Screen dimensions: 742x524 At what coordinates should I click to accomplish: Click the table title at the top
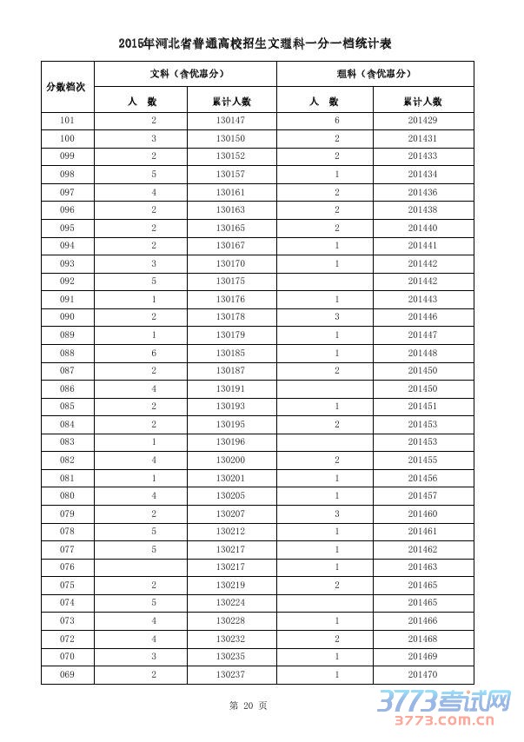(262, 43)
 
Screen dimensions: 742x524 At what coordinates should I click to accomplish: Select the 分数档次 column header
(67, 87)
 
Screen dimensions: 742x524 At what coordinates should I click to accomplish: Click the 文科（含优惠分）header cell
(185, 74)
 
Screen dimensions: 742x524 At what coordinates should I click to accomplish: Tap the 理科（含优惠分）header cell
(375, 74)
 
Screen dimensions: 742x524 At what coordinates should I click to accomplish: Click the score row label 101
(67, 121)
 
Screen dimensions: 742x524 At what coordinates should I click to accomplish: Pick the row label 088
(67, 353)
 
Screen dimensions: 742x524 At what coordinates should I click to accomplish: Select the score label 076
(67, 567)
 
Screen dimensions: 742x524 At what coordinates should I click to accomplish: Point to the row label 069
(67, 674)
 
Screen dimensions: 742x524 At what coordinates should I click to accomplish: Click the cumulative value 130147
(230, 121)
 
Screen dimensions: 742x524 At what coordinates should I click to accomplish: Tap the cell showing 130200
(230, 460)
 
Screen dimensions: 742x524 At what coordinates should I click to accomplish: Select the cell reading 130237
(230, 674)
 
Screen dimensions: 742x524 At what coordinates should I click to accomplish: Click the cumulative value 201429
(422, 121)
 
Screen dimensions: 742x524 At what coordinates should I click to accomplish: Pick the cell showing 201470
(422, 674)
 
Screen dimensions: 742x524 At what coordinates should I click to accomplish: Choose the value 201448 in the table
(422, 353)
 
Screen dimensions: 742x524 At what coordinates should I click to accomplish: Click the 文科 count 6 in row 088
(154, 353)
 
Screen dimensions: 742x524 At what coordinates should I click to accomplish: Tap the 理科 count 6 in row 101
(336, 121)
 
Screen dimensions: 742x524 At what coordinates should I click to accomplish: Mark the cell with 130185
(230, 353)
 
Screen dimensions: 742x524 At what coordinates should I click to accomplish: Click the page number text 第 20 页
(249, 706)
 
